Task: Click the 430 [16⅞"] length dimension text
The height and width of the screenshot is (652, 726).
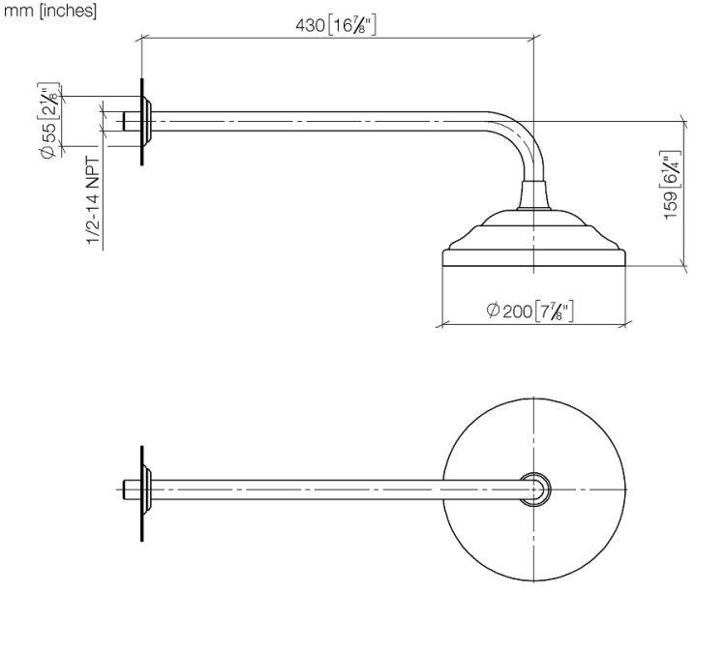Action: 336,25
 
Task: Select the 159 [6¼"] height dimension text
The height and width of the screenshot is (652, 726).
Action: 671,185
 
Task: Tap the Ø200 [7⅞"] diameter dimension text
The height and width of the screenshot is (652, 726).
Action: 530,310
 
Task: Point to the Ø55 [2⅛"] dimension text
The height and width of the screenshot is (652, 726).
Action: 49,121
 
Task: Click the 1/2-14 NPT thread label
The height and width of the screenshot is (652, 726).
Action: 93,200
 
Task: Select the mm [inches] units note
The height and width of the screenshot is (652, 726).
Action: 50,11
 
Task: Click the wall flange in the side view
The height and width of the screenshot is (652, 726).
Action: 147,121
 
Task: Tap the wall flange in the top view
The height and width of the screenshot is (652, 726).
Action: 147,489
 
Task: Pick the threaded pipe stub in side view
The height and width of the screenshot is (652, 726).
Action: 133,121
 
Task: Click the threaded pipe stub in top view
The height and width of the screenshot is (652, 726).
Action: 133,489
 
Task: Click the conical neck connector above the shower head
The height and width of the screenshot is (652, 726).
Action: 534,194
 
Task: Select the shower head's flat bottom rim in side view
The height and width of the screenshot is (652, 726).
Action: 533,258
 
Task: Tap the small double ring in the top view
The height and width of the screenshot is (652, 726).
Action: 534,489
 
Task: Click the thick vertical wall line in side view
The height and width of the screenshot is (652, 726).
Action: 141,121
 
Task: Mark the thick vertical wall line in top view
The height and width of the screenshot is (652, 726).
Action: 141,493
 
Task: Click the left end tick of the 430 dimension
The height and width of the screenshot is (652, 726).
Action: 141,38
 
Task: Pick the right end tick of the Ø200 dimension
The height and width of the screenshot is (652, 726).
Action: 625,324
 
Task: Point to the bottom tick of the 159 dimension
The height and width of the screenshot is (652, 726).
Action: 684,266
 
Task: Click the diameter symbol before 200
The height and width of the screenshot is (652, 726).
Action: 493,310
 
